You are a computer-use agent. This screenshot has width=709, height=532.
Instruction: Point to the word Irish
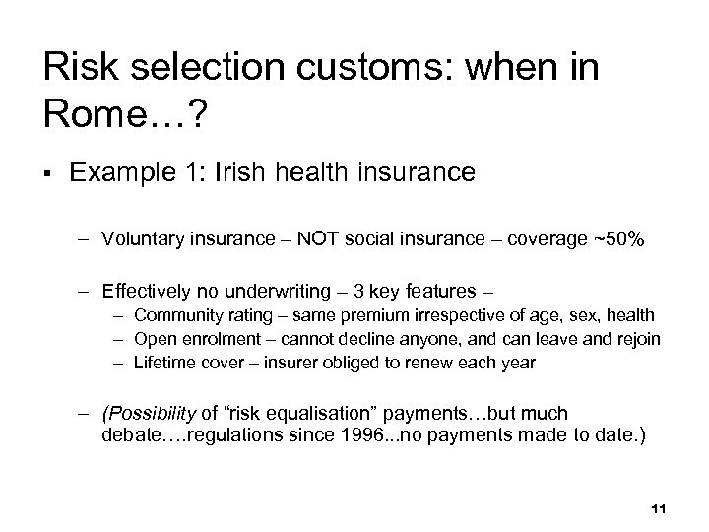pyautogui.click(x=229, y=173)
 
